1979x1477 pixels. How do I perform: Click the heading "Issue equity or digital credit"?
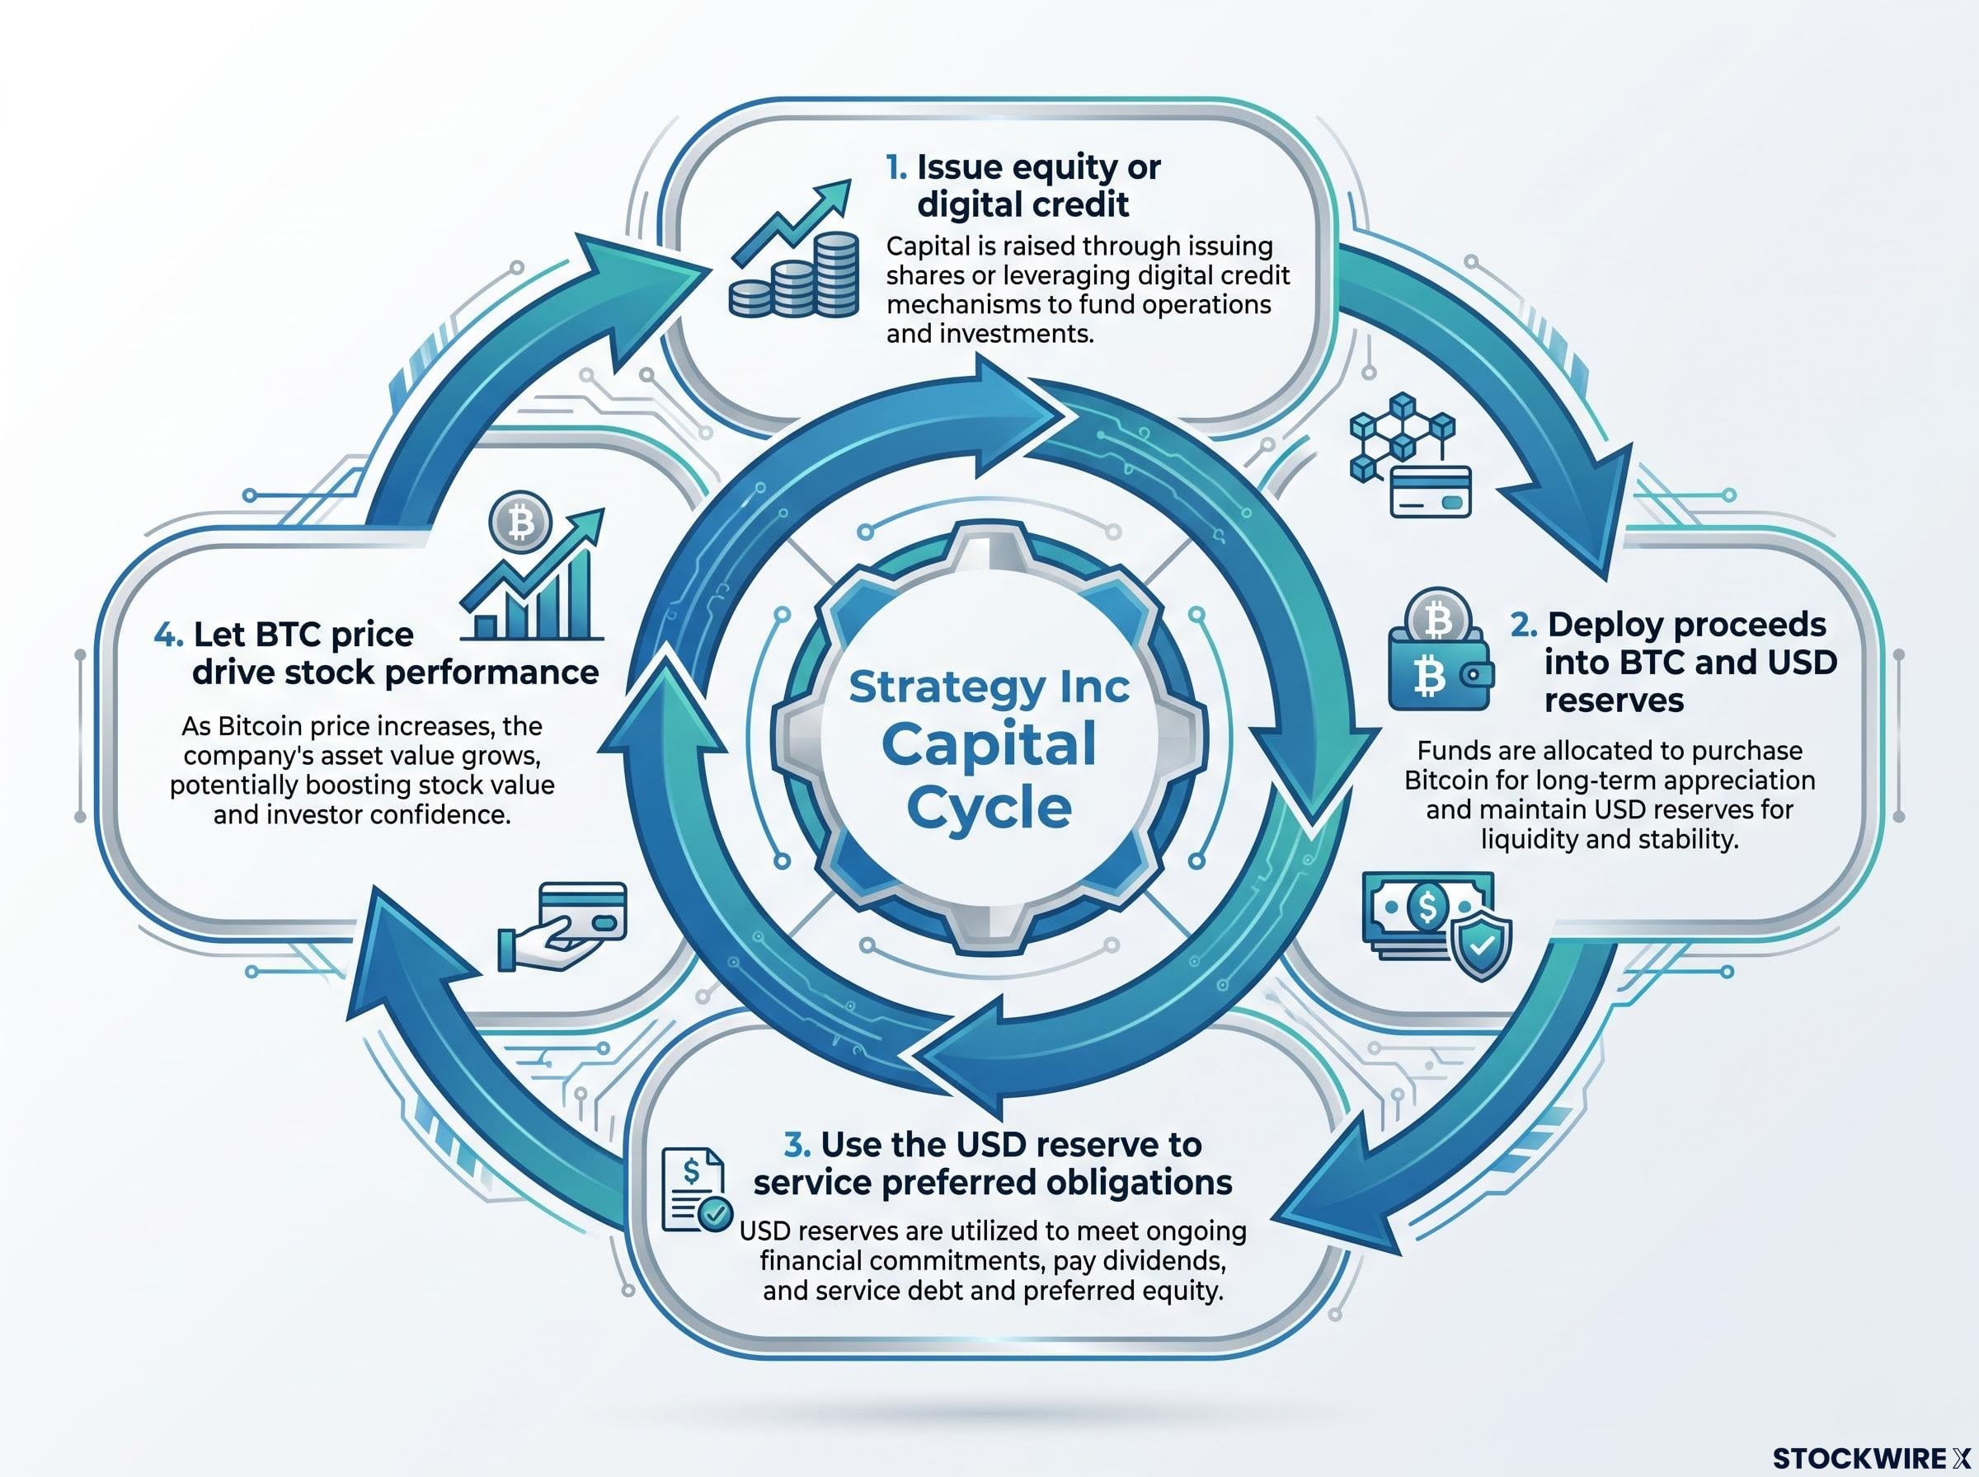(1023, 186)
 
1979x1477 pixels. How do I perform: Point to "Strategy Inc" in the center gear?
(989, 687)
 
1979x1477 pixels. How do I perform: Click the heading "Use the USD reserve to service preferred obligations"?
(993, 1163)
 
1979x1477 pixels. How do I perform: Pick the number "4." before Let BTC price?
(169, 635)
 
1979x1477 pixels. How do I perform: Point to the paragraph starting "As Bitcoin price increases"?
(362, 770)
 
